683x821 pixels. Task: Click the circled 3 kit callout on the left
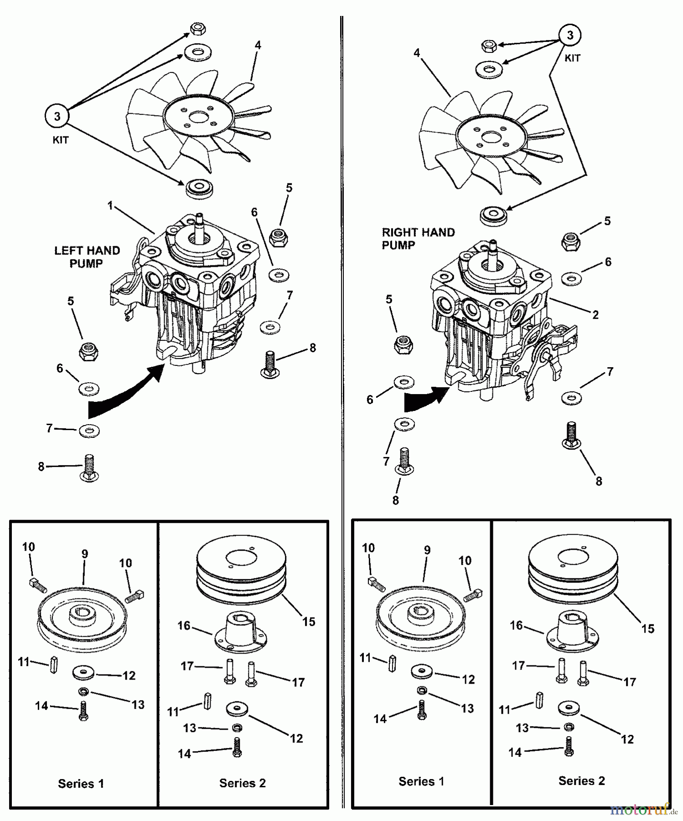(x=57, y=116)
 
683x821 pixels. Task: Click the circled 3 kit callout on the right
(x=569, y=35)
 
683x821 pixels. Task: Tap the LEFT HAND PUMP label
(x=87, y=257)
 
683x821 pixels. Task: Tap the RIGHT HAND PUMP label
(x=418, y=239)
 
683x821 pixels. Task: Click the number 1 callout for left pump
(x=110, y=206)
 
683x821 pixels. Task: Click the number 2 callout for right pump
(x=595, y=315)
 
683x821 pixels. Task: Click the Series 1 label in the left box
(x=81, y=784)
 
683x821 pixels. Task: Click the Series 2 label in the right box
(x=581, y=780)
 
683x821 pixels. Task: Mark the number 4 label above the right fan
(x=416, y=53)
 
